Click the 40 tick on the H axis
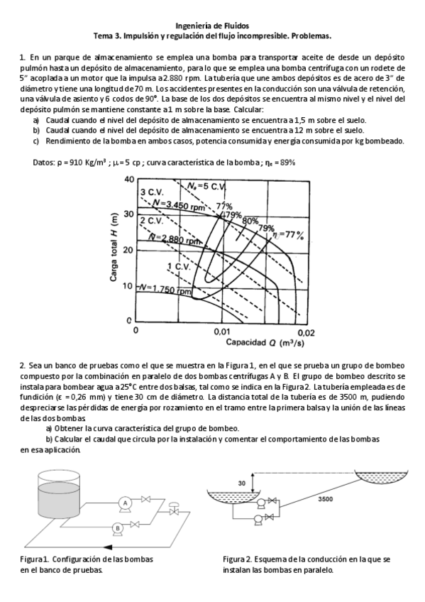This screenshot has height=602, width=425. [128, 180]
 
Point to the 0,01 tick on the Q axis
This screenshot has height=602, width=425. [222, 331]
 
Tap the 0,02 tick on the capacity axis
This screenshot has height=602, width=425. [305, 331]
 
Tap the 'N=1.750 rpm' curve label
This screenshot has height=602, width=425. [165, 290]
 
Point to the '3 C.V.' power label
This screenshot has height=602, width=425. [152, 192]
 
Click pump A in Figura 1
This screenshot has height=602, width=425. [125, 502]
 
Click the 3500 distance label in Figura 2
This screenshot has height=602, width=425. [326, 499]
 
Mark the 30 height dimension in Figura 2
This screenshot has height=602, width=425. [241, 483]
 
